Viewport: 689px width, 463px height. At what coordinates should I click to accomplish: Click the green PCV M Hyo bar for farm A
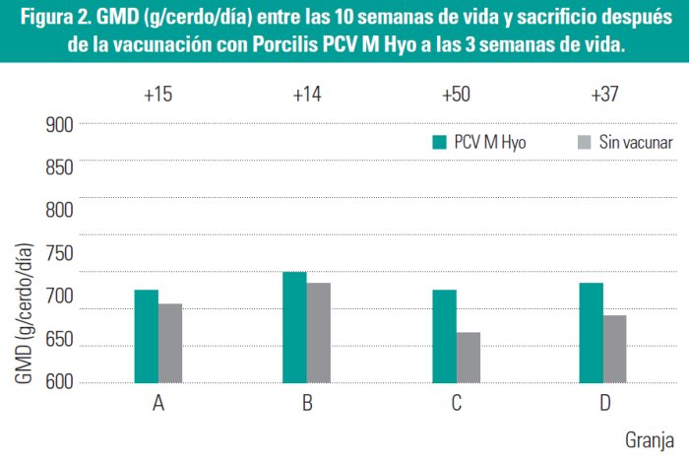pos(147,336)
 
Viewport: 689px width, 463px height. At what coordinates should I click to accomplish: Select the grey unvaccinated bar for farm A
pos(170,343)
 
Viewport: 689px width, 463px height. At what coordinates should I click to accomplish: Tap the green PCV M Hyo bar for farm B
pos(295,327)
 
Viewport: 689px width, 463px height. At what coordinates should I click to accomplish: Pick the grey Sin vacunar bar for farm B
pos(319,333)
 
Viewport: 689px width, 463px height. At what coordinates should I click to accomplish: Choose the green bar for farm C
pos(444,336)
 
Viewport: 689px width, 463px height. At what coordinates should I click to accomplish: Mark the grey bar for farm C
pos(468,358)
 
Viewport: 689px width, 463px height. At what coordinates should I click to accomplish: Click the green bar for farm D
pos(592,333)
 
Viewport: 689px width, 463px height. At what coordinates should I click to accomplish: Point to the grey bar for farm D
pos(615,349)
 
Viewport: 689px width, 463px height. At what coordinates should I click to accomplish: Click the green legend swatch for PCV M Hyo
pos(440,143)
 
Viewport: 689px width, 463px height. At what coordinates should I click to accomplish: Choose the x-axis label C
pos(457,403)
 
